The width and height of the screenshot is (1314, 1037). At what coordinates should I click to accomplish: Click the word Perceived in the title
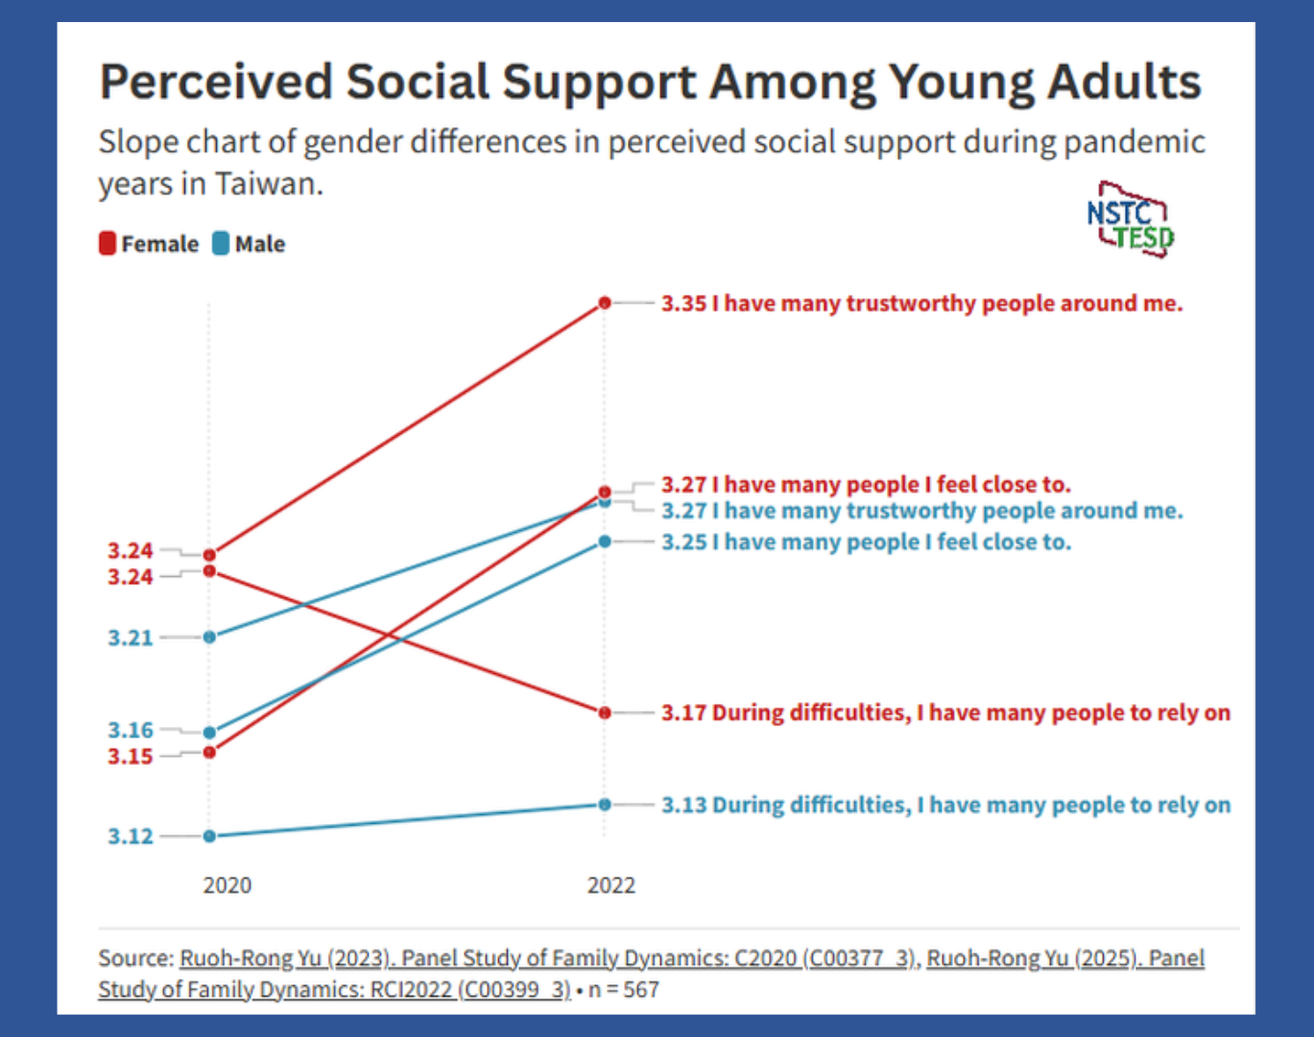tap(216, 82)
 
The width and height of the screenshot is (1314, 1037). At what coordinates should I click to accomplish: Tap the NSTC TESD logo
tap(1131, 219)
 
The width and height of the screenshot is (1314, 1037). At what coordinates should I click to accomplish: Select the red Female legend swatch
tap(108, 243)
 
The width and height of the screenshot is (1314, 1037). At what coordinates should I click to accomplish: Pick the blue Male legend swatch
tap(221, 243)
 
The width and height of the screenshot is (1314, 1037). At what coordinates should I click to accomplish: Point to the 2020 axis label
tap(227, 885)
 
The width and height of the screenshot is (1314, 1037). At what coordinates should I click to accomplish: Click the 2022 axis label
tap(611, 885)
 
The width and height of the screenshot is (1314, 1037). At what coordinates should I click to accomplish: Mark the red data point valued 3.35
tap(605, 302)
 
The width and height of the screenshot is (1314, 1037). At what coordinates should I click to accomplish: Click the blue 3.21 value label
tap(131, 638)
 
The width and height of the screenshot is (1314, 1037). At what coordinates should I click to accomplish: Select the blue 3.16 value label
tap(131, 729)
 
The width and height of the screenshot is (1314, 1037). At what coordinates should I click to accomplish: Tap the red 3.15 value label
tap(131, 757)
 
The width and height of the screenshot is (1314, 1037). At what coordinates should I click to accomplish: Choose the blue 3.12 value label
tap(131, 836)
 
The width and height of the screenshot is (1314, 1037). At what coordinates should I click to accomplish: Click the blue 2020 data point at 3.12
tap(209, 836)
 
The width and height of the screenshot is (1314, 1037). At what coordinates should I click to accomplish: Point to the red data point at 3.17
tap(605, 712)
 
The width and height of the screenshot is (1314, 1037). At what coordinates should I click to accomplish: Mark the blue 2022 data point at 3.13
tap(605, 805)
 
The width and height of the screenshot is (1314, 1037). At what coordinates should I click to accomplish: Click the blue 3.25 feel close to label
tap(867, 543)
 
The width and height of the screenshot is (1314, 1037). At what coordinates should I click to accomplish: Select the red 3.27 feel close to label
tap(867, 485)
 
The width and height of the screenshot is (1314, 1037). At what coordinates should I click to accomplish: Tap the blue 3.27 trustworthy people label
tap(922, 510)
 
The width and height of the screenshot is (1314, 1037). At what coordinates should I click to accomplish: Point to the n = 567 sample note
tap(624, 989)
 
